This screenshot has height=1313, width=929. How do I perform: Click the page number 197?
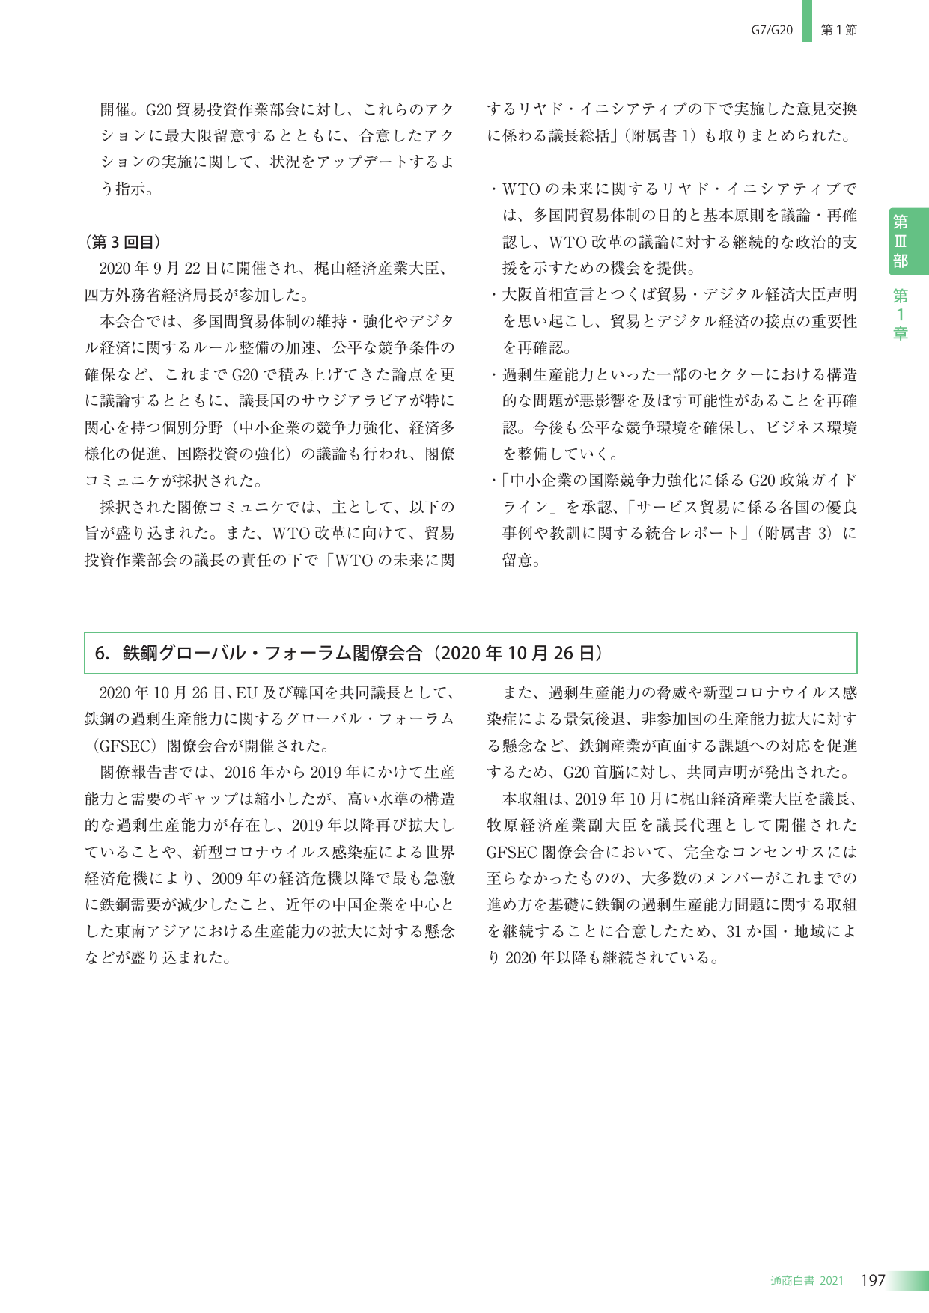873,1280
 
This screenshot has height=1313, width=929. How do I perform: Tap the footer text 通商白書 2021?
806,1281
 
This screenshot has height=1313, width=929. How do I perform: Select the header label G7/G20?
772,30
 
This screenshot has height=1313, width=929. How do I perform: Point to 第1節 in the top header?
839,30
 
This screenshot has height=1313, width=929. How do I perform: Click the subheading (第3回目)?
122,242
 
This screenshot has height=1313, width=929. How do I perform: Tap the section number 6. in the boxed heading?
103,654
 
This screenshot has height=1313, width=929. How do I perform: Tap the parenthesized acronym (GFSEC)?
123,746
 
